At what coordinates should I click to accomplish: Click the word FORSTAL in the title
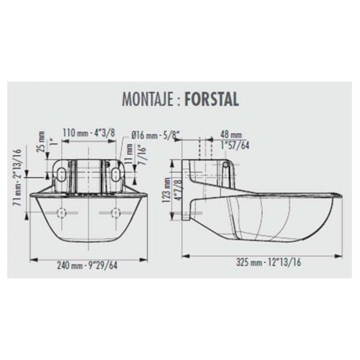pos(212,99)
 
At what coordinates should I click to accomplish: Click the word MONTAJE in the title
pos(148,99)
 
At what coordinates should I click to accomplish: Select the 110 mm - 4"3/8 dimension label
pos(89,132)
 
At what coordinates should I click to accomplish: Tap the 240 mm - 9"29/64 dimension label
pos(87,266)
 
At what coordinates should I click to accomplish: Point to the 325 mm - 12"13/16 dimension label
pos(269,262)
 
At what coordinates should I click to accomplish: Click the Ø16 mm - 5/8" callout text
pos(156,135)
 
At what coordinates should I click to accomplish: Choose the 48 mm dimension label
pos(230,135)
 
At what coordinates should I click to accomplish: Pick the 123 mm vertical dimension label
pos(167,190)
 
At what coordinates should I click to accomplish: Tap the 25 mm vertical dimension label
pos(41,141)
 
